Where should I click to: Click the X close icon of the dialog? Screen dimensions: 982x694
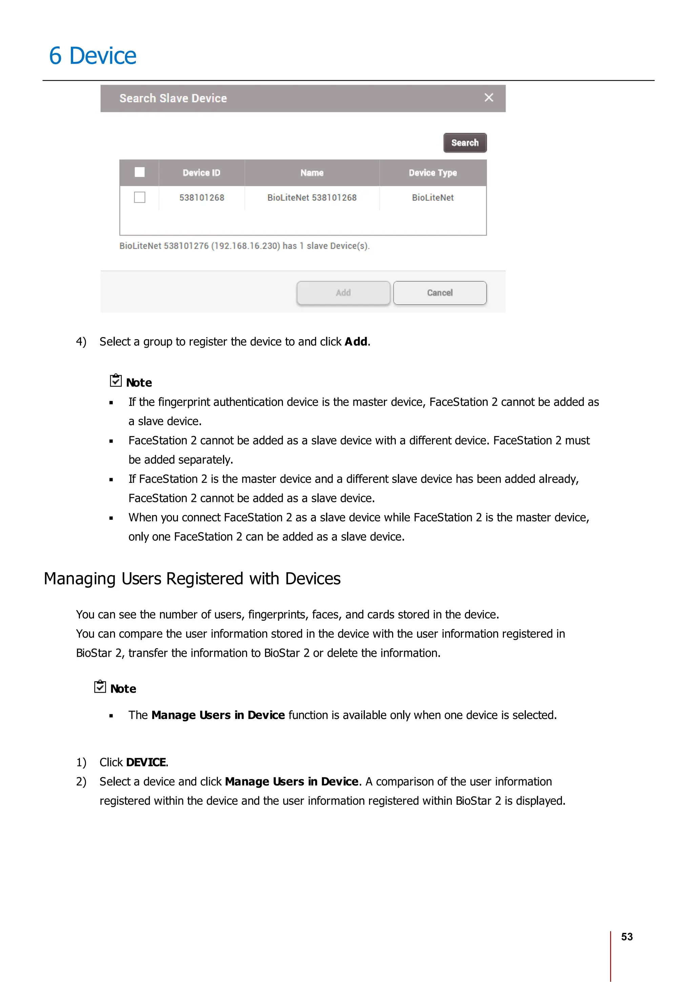click(489, 98)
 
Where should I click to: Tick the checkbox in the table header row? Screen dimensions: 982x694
click(139, 172)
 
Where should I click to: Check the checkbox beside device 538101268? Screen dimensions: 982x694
click(139, 197)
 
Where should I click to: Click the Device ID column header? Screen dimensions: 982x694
click(201, 173)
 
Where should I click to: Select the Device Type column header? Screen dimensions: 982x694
click(432, 173)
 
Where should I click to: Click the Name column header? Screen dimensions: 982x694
click(312, 173)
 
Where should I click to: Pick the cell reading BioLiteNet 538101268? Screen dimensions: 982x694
click(312, 198)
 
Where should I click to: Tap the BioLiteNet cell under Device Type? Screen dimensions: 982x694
click(432, 198)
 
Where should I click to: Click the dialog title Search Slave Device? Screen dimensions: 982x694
click(173, 98)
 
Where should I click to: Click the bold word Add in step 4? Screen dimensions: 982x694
click(356, 342)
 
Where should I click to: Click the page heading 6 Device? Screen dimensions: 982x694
click(93, 56)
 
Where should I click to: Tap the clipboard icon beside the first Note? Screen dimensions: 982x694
click(116, 380)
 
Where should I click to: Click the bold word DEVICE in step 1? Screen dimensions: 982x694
click(146, 762)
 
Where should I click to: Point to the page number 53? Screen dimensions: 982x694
click(627, 937)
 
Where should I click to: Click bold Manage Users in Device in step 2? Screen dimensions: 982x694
click(291, 782)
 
